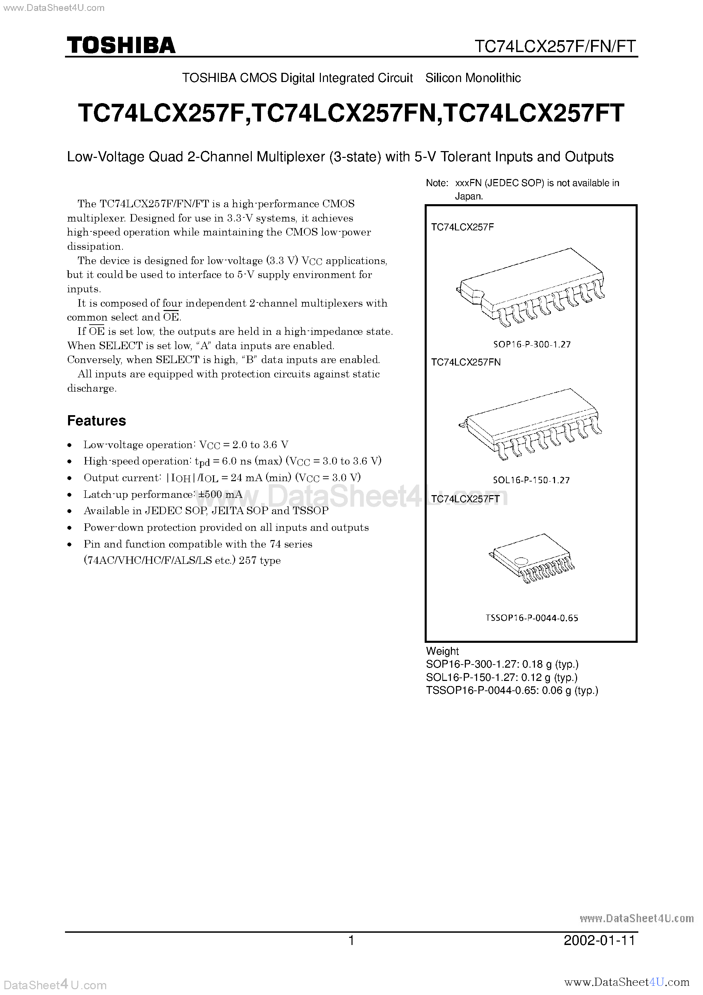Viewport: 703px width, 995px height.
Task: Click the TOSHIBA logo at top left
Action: click(121, 45)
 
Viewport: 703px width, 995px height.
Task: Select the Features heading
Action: click(96, 420)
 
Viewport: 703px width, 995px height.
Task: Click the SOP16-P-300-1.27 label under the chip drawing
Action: click(532, 344)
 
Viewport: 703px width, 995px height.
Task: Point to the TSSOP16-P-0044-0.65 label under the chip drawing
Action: click(532, 618)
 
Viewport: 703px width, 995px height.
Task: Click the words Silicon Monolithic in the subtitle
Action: click(473, 78)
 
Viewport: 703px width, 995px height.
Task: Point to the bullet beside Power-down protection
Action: click(70, 528)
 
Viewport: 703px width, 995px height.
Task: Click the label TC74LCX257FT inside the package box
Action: click(465, 499)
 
